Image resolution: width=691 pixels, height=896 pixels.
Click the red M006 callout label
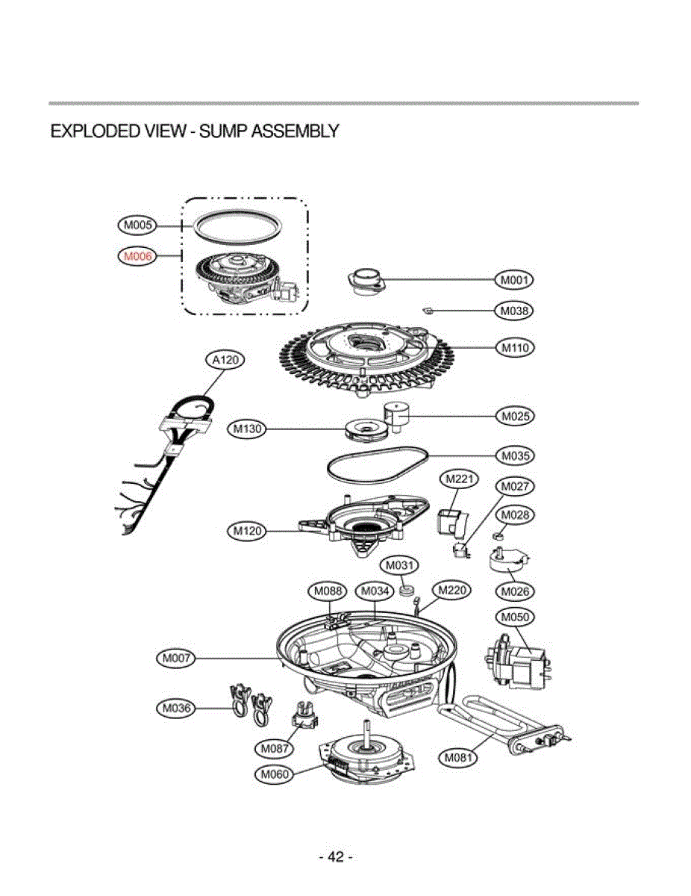click(137, 256)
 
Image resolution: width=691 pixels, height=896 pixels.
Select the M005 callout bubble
click(137, 224)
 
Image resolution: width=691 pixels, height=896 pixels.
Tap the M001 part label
click(515, 280)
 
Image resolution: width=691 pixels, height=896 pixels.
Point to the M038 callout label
click(515, 310)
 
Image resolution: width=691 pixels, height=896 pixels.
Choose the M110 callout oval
click(515, 347)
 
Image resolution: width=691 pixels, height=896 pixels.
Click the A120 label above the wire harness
click(225, 360)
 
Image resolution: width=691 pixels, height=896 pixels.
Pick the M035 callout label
click(515, 455)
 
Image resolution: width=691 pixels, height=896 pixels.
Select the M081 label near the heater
click(457, 758)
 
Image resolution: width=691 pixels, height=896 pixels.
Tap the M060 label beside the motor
click(273, 774)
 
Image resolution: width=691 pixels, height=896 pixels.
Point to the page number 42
click(336, 856)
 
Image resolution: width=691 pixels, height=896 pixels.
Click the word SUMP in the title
click(225, 131)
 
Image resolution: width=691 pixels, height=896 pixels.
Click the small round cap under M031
click(407, 591)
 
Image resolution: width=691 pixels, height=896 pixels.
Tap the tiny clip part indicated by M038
click(428, 308)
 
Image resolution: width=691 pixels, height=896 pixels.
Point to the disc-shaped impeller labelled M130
click(365, 429)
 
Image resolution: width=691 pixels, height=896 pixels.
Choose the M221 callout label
click(460, 479)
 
